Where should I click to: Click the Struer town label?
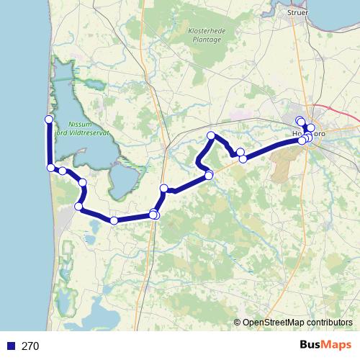click(297, 12)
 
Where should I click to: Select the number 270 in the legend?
click(30, 346)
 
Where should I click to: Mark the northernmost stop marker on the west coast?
click(49, 119)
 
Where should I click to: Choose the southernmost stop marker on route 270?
click(114, 220)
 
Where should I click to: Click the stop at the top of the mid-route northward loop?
click(212, 136)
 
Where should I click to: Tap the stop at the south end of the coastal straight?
click(50, 168)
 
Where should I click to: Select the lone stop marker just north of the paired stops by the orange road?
click(163, 189)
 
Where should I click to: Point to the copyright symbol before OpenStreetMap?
click(238, 323)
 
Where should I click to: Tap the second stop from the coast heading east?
click(63, 171)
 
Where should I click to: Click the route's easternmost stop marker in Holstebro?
click(311, 128)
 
